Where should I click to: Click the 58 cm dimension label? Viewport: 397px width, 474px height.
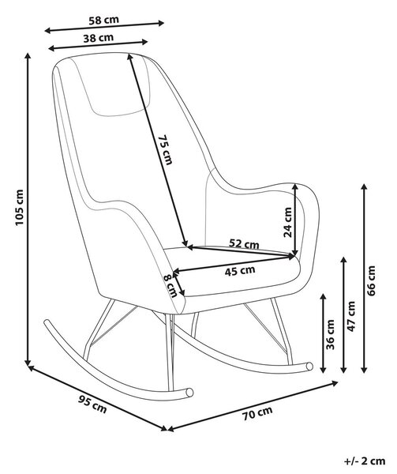[104, 21]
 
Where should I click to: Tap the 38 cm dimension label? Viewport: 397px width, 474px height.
[99, 38]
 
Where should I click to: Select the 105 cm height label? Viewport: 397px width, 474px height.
[19, 207]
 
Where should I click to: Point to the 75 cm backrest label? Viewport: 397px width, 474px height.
[166, 149]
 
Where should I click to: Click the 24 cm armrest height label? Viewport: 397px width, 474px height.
[287, 222]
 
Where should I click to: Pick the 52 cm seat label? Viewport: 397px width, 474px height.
[244, 243]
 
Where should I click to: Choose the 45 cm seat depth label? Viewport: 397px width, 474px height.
[240, 270]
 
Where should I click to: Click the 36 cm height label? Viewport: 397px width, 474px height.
[331, 334]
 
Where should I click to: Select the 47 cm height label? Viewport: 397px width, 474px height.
[351, 316]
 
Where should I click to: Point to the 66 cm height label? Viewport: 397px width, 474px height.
[371, 280]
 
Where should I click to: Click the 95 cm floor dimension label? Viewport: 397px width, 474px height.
[92, 404]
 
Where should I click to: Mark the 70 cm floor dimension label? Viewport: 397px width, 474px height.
[257, 413]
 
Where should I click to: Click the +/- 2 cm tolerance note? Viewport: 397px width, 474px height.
[365, 461]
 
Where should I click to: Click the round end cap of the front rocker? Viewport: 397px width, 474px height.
[189, 393]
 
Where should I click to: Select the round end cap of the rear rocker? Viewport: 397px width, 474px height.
[309, 366]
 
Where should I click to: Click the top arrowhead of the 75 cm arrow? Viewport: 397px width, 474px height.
[130, 57]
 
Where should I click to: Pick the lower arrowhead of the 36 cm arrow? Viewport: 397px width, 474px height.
[324, 369]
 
